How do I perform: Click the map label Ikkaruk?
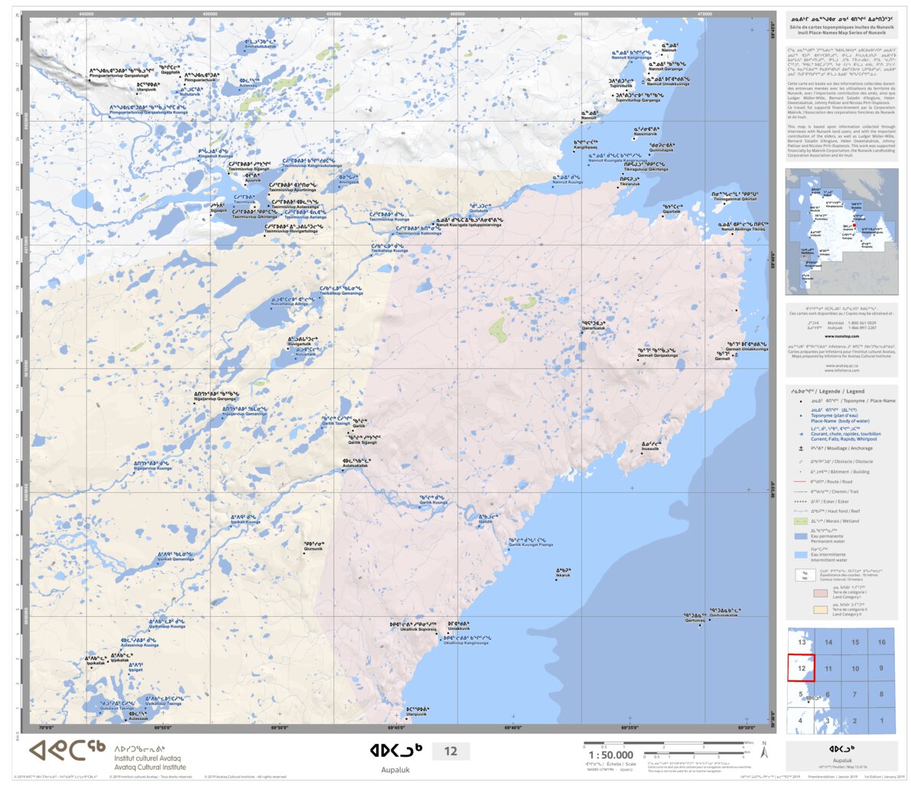563,575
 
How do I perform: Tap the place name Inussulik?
649,448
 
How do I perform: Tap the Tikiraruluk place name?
630,184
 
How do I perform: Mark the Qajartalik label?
671,211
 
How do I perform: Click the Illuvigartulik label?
300,344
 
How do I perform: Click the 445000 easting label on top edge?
86,14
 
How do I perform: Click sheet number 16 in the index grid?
881,642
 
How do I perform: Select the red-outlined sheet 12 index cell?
801,668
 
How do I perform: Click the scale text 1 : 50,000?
610,755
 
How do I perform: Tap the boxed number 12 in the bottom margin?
451,751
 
